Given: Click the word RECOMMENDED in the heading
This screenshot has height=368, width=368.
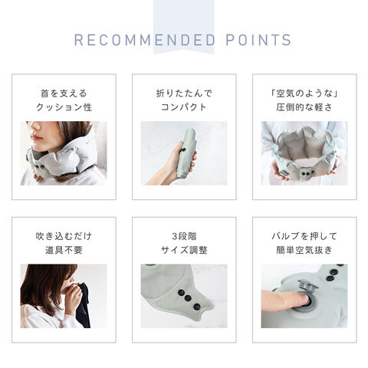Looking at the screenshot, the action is [x=145, y=40].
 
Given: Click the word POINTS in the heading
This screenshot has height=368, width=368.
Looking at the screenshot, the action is [x=258, y=40].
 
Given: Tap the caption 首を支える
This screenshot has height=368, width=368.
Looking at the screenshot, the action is [x=64, y=94].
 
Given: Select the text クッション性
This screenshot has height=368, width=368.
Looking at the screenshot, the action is [x=64, y=107].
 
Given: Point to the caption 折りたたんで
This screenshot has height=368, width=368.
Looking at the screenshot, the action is [x=184, y=94].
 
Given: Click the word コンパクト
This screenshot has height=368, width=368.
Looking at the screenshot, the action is [x=184, y=107].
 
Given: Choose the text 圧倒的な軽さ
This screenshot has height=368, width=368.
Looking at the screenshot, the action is [x=304, y=107].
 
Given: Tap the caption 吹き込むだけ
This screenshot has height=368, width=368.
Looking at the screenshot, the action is [x=64, y=236].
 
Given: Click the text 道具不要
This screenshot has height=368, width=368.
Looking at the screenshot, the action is [x=64, y=250].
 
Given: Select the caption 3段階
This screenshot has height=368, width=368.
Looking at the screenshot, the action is [x=184, y=236].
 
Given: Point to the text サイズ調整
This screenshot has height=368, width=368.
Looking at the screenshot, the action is [x=184, y=250].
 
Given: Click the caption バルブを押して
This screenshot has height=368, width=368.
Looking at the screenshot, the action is [x=304, y=236].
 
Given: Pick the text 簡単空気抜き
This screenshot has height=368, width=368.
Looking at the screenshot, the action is [x=304, y=250].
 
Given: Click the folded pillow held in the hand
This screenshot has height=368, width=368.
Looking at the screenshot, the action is [x=186, y=153].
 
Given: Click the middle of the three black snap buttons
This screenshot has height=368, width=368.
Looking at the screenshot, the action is [x=188, y=298].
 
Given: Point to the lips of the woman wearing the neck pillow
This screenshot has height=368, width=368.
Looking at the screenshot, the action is [x=36, y=138].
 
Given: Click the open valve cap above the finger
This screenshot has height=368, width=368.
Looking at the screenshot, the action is [x=307, y=284].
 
